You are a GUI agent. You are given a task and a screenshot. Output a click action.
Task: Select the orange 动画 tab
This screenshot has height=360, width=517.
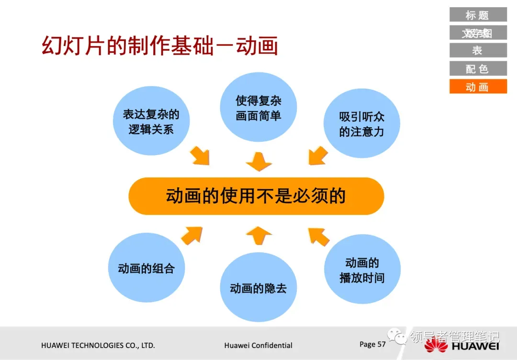[x=478, y=87]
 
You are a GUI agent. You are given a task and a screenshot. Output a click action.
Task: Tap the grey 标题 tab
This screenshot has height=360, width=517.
[x=478, y=15]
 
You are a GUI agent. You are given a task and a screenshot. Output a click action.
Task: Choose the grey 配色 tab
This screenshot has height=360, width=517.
[x=478, y=68]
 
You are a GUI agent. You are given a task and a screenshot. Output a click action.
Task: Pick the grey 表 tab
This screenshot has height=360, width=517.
[x=478, y=50]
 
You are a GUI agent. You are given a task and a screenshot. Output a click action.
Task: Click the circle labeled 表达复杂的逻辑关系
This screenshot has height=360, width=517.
[x=151, y=121]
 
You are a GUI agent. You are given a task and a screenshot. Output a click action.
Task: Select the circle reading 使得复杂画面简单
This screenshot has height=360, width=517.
[x=258, y=108]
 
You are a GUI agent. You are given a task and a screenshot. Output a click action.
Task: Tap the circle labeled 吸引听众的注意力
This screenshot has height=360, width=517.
[x=361, y=124]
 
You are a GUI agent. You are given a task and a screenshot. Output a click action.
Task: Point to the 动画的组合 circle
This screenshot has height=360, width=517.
[x=146, y=268]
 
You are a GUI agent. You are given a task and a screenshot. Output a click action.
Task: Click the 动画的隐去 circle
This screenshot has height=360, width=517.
[x=258, y=288]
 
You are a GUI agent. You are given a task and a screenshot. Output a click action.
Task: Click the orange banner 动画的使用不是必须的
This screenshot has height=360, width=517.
[x=256, y=196]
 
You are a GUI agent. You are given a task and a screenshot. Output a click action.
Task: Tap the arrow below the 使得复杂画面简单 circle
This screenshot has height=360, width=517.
[x=259, y=162]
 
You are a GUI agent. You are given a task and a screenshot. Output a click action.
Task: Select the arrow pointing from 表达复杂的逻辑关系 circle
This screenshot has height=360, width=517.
[x=200, y=156]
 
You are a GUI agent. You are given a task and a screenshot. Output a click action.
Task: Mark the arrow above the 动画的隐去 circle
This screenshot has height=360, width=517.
[x=259, y=235]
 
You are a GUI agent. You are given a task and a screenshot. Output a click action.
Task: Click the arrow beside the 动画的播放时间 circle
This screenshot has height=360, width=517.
[x=319, y=236]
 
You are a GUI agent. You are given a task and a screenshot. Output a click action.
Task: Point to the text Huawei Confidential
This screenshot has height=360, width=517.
[x=258, y=345]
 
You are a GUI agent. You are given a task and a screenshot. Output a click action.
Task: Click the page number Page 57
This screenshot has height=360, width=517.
[x=372, y=344]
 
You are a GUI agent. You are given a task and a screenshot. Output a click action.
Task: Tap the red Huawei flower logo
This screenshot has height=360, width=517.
[x=436, y=346]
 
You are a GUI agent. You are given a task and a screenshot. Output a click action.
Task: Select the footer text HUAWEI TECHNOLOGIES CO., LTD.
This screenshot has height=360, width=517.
[x=98, y=345]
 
